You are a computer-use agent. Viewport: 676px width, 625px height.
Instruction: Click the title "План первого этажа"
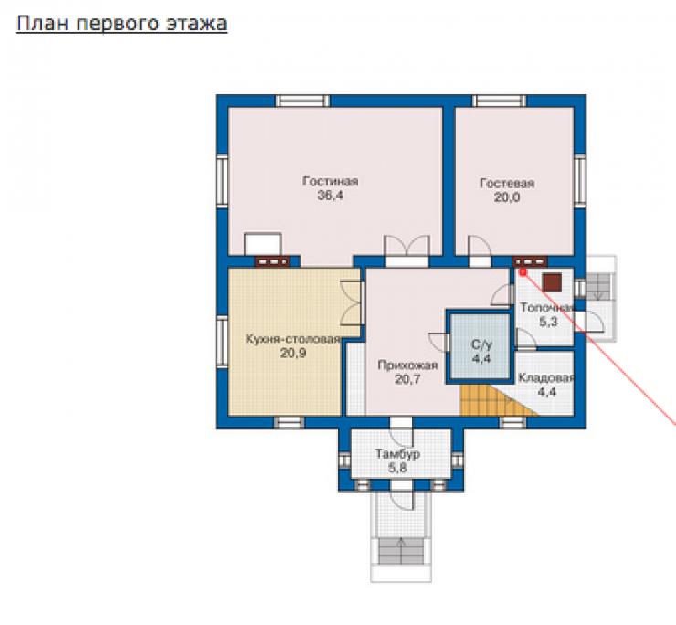click(121, 24)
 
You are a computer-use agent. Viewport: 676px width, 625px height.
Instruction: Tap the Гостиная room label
click(331, 181)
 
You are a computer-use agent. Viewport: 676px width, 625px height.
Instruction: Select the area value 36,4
click(331, 196)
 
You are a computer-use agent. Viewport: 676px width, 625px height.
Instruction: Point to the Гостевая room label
click(507, 184)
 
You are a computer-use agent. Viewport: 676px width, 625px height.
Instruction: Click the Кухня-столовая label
click(293, 339)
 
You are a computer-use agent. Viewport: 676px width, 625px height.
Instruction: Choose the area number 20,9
click(293, 354)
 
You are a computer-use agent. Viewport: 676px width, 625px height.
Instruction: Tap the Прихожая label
click(407, 365)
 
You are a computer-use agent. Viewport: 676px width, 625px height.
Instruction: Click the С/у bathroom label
click(481, 344)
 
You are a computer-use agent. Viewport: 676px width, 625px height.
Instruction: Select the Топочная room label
click(547, 308)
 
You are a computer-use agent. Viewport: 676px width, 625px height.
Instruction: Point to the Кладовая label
click(546, 378)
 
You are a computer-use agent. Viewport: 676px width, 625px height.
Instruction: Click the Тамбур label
click(397, 454)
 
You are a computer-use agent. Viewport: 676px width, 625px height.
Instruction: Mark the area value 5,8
click(397, 468)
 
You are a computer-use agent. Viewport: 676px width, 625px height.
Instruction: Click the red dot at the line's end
click(523, 272)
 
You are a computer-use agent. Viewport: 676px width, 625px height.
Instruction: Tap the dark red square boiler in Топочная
click(552, 282)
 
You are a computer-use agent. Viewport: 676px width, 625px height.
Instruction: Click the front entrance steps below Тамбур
click(401, 551)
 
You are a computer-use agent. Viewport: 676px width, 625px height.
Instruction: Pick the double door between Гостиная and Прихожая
click(407, 251)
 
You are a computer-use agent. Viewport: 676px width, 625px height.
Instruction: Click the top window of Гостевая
click(500, 101)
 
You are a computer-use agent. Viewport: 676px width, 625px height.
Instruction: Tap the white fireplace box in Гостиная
click(263, 244)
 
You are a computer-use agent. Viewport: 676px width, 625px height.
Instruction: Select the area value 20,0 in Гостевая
click(507, 197)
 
